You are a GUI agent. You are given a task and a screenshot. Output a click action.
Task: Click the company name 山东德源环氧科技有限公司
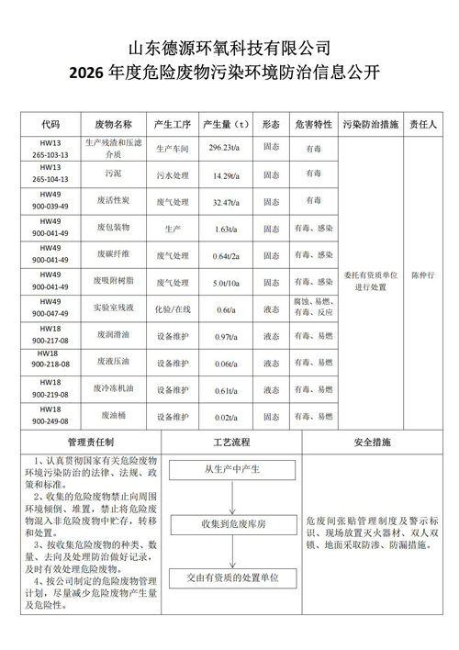[x=229, y=47]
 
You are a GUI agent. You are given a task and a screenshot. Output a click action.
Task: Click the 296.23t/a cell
[x=224, y=147]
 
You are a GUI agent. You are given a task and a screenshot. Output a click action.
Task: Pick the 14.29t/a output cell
[x=224, y=174]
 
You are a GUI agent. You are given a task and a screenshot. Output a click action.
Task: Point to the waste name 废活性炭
[x=113, y=201]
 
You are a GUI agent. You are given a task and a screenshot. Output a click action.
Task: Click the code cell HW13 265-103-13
[x=50, y=148]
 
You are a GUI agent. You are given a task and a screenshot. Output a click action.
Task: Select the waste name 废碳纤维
[x=113, y=254]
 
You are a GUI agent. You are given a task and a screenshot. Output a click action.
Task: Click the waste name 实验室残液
[x=113, y=308]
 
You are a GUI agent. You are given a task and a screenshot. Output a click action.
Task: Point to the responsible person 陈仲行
[x=422, y=274]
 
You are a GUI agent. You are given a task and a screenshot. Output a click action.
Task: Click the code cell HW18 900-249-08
[x=50, y=414]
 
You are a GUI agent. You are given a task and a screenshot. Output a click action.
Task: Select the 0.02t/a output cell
[x=224, y=417]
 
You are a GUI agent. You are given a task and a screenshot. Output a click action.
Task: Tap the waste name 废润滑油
[x=113, y=337]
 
